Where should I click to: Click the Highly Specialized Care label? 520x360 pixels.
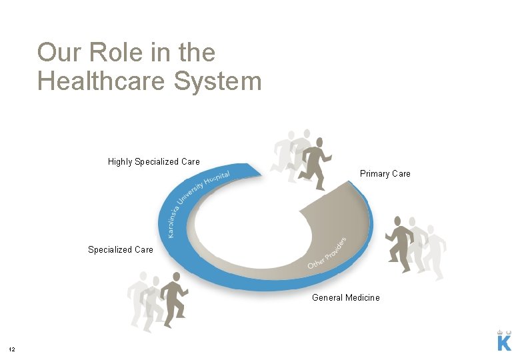click(x=153, y=161)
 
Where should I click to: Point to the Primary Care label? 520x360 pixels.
click(x=385, y=174)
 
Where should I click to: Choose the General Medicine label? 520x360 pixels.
click(x=346, y=298)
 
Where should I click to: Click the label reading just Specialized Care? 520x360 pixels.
click(x=121, y=250)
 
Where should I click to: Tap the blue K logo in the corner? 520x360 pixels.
click(x=505, y=343)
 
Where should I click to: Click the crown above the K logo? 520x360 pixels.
click(x=505, y=331)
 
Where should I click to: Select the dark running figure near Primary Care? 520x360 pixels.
click(x=315, y=163)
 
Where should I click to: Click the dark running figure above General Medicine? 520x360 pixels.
click(x=400, y=244)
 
